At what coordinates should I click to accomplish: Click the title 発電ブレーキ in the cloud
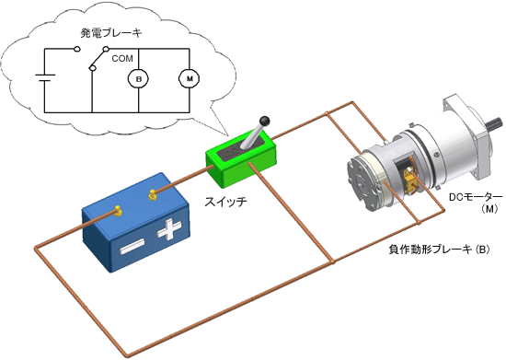[111, 33]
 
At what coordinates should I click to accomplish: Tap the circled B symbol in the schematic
[138, 79]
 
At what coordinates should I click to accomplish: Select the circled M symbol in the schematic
[190, 78]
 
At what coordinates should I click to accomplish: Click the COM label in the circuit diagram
[122, 58]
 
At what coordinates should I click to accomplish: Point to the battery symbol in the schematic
[45, 78]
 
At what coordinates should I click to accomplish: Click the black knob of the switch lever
[265, 121]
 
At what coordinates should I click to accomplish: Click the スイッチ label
[225, 202]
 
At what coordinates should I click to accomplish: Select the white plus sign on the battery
[169, 229]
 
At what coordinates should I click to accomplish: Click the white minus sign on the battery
[132, 247]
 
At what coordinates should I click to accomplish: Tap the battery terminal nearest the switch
[153, 194]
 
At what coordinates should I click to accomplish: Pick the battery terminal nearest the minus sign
[118, 211]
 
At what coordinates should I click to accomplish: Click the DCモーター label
[476, 197]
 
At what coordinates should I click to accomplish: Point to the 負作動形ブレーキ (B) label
[439, 250]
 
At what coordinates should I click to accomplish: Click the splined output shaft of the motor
[495, 124]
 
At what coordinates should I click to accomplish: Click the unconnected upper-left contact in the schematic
[76, 49]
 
